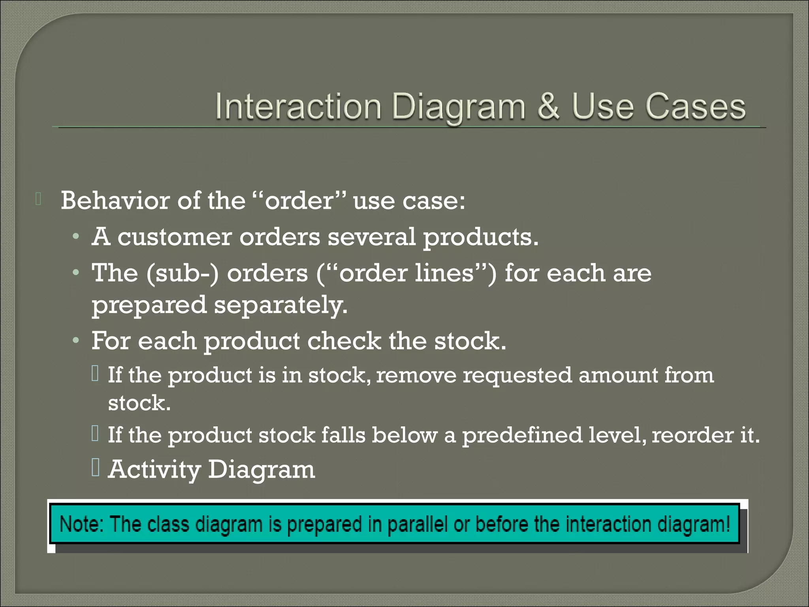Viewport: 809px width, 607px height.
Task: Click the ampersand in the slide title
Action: [548, 107]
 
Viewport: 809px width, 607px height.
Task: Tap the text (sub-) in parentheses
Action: [182, 273]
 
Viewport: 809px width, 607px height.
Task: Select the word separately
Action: [281, 305]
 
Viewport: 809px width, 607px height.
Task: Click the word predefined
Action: [522, 435]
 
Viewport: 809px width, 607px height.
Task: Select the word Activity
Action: [154, 469]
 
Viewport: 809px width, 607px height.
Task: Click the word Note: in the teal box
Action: [81, 524]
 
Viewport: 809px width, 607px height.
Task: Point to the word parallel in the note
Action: [418, 525]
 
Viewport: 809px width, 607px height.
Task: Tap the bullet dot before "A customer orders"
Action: [76, 237]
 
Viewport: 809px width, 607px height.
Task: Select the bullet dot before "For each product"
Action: [76, 341]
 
